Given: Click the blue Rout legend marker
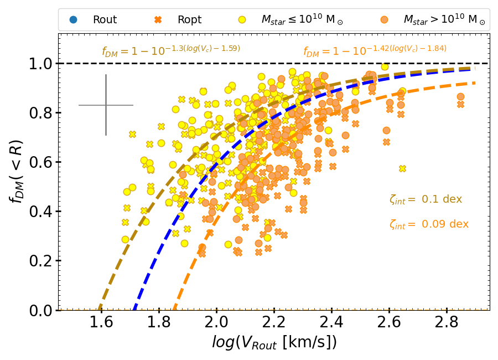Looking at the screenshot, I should [73, 20].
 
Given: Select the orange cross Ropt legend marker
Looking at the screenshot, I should [158, 20].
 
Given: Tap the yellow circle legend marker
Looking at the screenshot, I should [242, 20].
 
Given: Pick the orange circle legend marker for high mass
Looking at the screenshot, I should [383, 20].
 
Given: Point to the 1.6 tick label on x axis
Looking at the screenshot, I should [101, 322].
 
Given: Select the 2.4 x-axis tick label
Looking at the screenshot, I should [332, 322].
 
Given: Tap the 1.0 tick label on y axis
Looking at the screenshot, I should [40, 64].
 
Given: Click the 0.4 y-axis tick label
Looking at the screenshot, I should [40, 212].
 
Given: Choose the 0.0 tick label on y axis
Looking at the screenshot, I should [40, 310].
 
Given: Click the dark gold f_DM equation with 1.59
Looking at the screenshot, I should [171, 52].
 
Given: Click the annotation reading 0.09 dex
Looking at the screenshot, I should [429, 224].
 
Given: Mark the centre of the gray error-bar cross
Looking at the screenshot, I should [106, 105].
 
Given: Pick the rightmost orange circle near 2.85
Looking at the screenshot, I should [460, 96].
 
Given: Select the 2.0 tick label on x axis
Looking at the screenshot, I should [216, 322].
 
